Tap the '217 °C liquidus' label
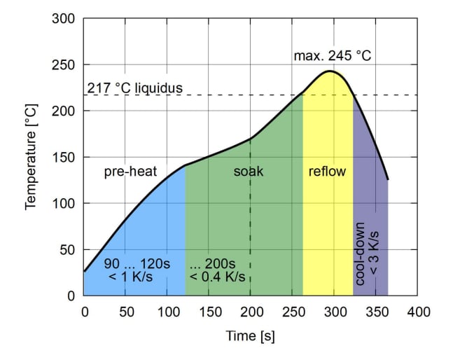(x=134, y=89)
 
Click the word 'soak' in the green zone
(x=249, y=172)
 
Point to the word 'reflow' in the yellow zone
(x=327, y=172)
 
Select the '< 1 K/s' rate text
(x=131, y=277)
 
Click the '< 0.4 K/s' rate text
(x=218, y=277)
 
